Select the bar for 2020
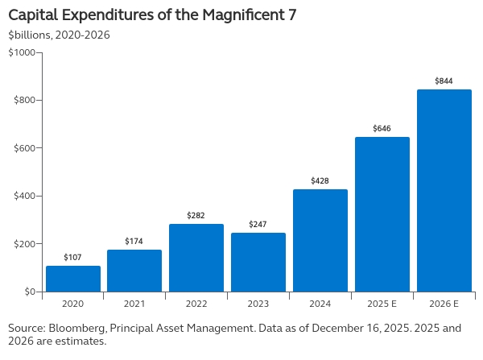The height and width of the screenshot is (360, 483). [x=72, y=279]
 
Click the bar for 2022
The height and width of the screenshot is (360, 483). [x=196, y=258]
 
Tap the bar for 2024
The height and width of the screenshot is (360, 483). [x=320, y=240]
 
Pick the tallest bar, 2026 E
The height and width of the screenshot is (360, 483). [x=444, y=190]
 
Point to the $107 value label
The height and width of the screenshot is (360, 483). [x=72, y=257]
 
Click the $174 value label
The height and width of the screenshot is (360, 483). [x=134, y=241]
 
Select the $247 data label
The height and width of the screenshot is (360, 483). [x=258, y=223]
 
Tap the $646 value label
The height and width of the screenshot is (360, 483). [x=382, y=128]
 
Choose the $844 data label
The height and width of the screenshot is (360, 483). [x=444, y=81]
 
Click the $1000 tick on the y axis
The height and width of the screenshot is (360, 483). [x=22, y=52]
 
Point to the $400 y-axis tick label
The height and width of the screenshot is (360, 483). [x=23, y=196]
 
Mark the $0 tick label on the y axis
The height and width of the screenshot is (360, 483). [x=28, y=292]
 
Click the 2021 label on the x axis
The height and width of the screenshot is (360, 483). [x=134, y=304]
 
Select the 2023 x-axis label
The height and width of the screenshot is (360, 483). [x=258, y=304]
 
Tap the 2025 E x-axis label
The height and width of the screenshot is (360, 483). [x=382, y=304]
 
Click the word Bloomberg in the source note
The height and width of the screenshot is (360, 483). [x=78, y=329]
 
